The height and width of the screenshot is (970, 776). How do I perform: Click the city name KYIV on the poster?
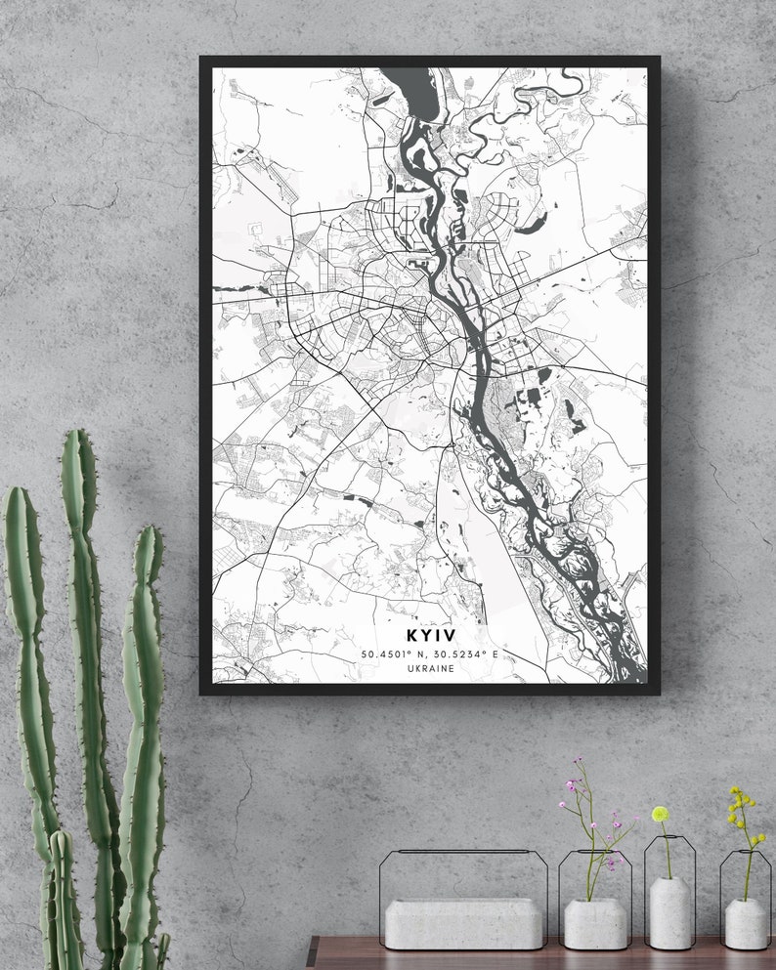430,635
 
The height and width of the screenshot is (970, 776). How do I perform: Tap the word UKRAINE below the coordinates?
430,669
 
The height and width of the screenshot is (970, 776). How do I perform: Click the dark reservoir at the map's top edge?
418,90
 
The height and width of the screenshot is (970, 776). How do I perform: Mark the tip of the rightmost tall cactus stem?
148,532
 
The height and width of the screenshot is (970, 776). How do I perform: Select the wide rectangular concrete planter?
463,923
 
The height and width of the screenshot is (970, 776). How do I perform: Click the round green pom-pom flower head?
660,814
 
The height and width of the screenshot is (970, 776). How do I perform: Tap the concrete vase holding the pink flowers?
595,923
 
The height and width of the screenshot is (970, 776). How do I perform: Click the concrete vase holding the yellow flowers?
745,922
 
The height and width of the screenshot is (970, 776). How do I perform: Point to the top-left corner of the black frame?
202,59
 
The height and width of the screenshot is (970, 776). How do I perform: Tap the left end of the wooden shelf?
311,953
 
